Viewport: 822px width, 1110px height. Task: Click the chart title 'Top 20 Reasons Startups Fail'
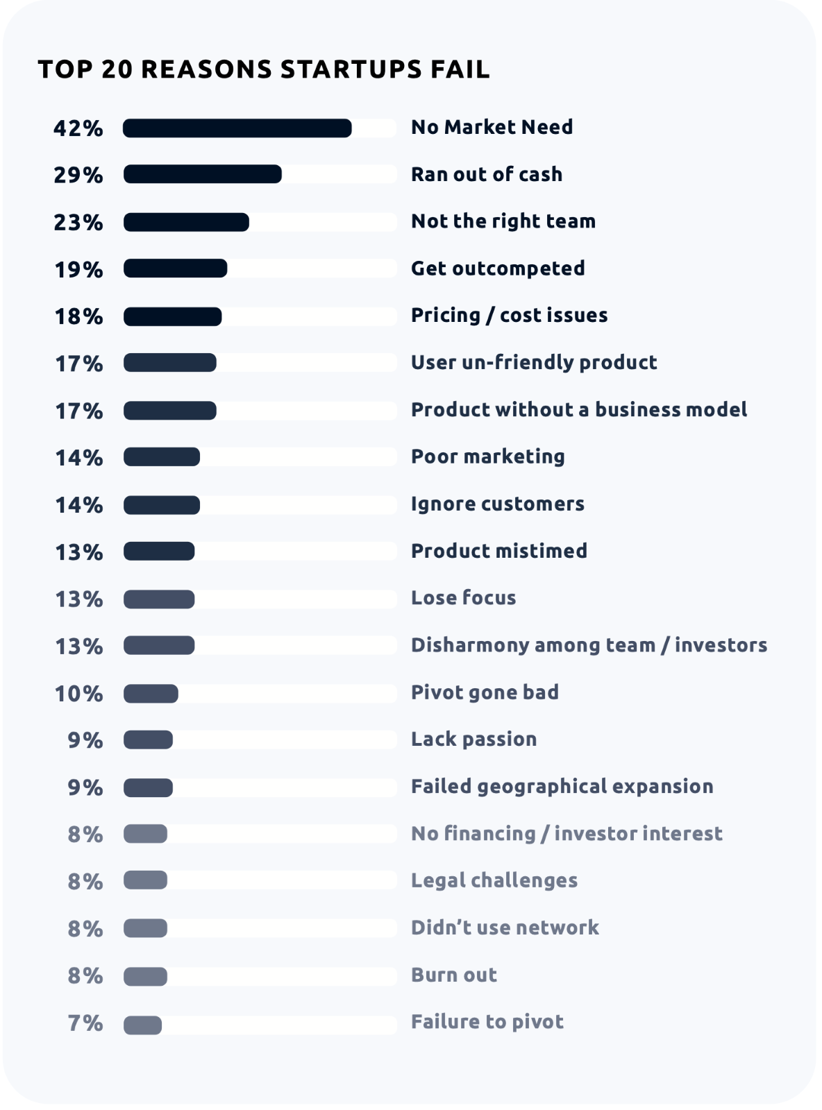click(264, 69)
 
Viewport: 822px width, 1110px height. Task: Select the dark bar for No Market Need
click(237, 128)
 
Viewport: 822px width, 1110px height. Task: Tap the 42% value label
click(78, 128)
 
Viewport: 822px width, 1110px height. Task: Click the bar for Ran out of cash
click(202, 174)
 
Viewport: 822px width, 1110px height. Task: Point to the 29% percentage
click(78, 175)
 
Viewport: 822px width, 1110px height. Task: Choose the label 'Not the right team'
click(503, 221)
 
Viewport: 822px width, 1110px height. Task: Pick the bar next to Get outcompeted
click(175, 268)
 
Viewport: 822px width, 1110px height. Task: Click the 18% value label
click(78, 316)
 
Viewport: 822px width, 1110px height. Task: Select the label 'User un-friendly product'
click(534, 362)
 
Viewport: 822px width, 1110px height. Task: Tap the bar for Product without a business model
click(170, 411)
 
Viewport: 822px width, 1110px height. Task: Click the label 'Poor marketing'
click(488, 456)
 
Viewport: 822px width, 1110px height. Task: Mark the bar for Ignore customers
click(162, 505)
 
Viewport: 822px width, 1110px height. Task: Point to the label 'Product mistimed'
click(499, 551)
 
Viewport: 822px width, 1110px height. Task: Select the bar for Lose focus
click(159, 599)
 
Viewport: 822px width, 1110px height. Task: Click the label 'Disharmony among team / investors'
click(589, 645)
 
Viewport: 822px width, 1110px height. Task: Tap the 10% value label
click(78, 694)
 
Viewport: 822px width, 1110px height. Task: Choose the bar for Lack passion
click(148, 740)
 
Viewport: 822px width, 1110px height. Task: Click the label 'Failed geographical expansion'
click(562, 787)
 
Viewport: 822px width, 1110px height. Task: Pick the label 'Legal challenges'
click(494, 881)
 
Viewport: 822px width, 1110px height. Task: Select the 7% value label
click(85, 1023)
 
